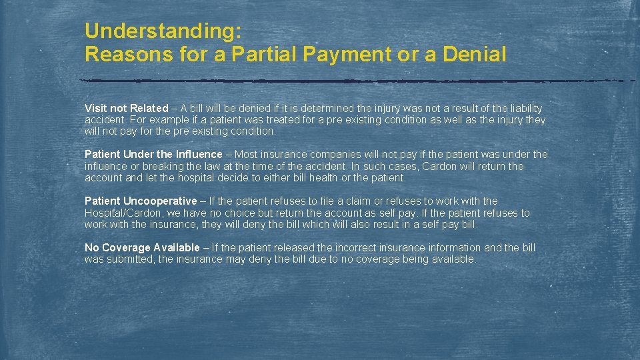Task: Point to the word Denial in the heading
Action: pyautogui.click(x=474, y=54)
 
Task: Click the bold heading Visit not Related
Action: pyautogui.click(x=127, y=108)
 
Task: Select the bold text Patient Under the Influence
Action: pyautogui.click(x=153, y=155)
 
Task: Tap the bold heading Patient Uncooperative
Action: pyautogui.click(x=141, y=201)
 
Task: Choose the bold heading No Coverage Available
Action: pyautogui.click(x=142, y=247)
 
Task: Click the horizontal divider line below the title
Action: pyautogui.click(x=357, y=81)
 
